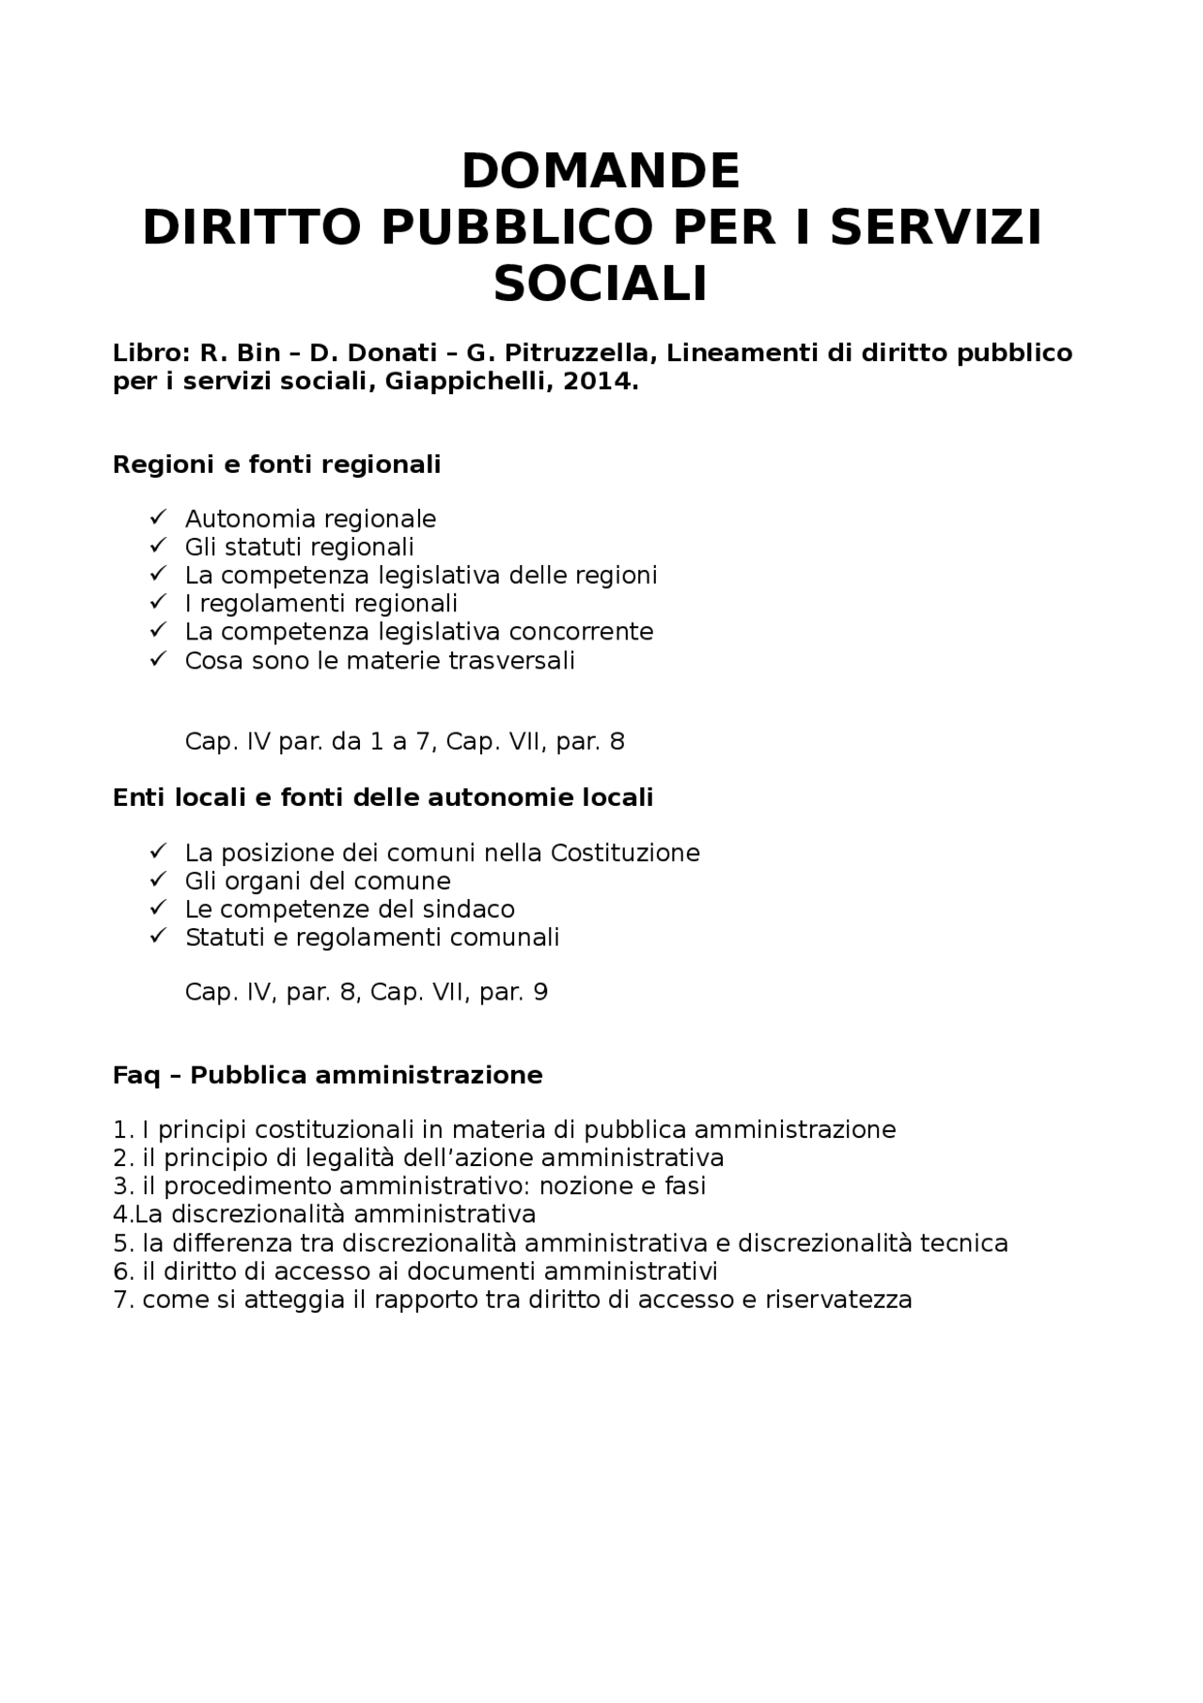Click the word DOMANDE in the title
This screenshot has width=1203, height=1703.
601,171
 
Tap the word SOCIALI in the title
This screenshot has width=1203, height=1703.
601,284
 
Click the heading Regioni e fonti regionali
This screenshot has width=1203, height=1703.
276,465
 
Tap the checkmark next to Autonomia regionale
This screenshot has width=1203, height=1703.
158,517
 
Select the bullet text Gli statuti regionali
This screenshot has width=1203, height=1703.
299,547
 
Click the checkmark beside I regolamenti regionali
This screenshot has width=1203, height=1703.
158,602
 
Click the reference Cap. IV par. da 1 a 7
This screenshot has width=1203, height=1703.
310,742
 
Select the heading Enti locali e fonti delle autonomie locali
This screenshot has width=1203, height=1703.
383,797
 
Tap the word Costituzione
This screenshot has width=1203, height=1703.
625,853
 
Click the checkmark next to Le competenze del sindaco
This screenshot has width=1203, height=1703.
158,908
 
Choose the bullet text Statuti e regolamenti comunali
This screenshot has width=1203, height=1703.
372,938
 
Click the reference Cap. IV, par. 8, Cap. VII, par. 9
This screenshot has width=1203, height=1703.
367,992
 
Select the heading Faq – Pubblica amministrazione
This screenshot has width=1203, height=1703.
327,1075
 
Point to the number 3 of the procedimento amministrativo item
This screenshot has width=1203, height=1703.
119,1186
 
